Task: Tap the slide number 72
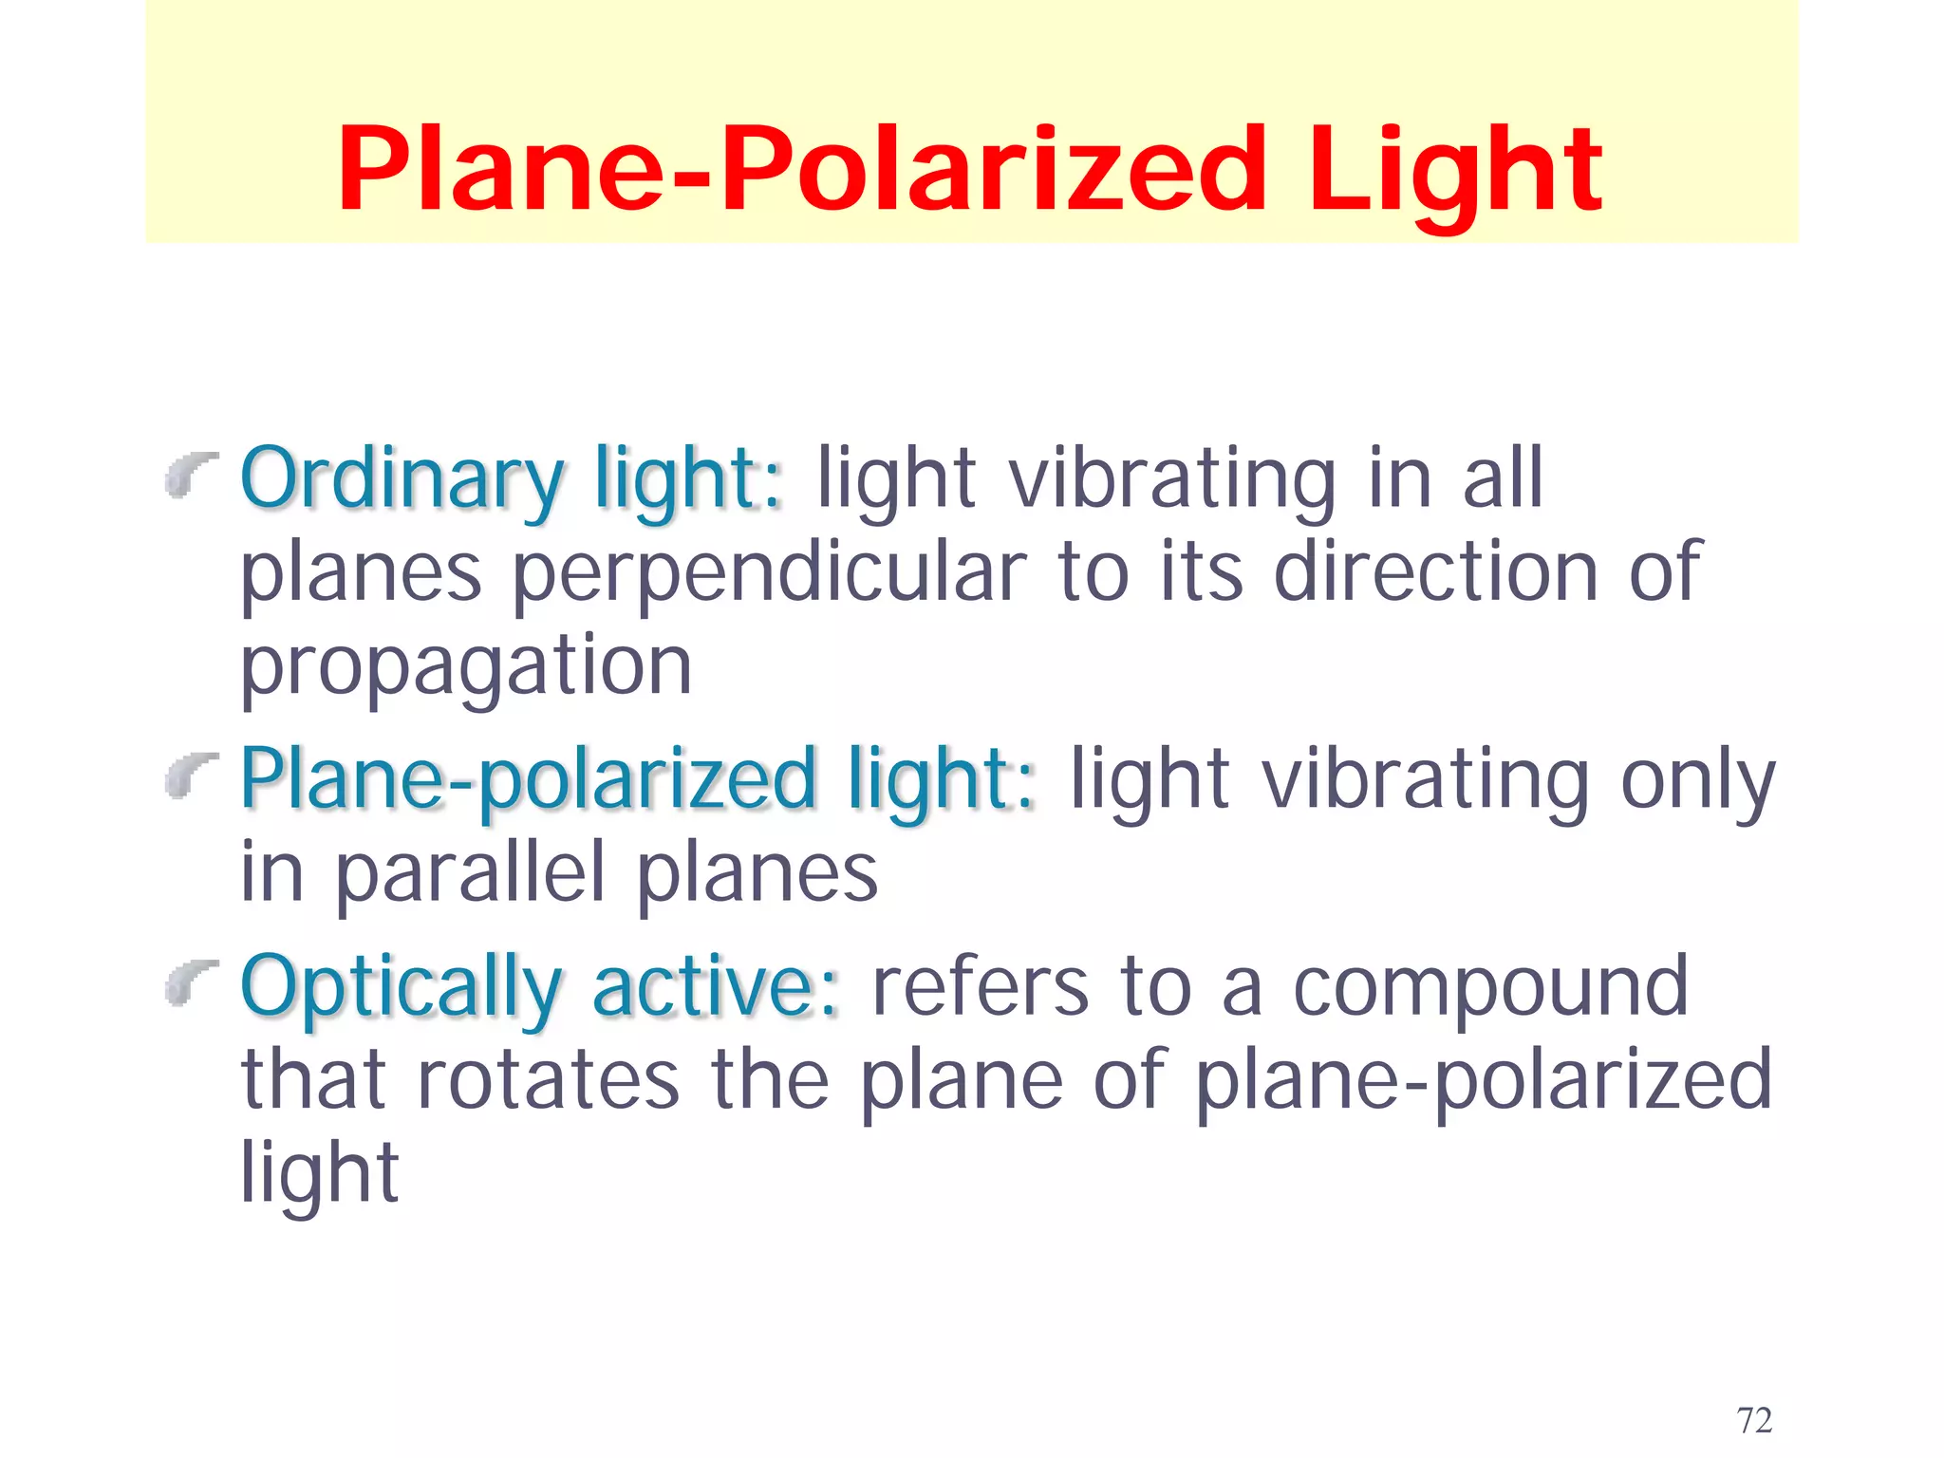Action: coord(1754,1420)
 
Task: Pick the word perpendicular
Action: coord(770,573)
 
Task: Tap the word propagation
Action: coord(465,667)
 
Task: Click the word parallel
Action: coord(470,873)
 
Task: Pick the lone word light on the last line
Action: coord(319,1175)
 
